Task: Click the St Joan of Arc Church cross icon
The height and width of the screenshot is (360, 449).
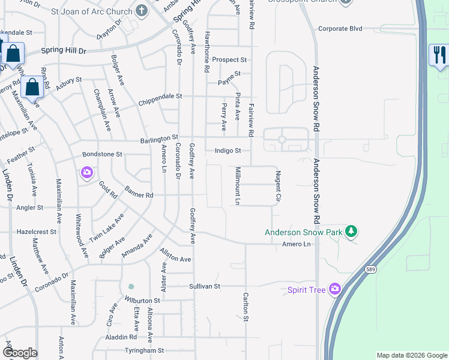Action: tap(142, 10)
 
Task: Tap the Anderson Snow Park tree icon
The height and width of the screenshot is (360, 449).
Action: tap(352, 231)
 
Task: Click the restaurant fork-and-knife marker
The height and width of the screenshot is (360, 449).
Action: tap(438, 56)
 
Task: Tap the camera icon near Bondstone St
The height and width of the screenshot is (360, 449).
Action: tap(88, 173)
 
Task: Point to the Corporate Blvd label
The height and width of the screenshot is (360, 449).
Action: tap(340, 28)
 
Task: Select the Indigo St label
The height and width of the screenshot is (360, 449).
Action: tap(228, 151)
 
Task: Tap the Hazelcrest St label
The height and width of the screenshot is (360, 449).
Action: tap(36, 231)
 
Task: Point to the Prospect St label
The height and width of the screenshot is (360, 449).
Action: tap(229, 60)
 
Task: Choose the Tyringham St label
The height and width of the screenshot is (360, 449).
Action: tap(144, 350)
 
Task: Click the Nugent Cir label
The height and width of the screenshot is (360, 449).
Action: tap(278, 185)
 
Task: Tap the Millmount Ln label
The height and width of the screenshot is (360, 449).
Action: tap(238, 186)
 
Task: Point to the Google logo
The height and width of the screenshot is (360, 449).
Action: tap(19, 353)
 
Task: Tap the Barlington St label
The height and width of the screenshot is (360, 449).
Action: tap(159, 139)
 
